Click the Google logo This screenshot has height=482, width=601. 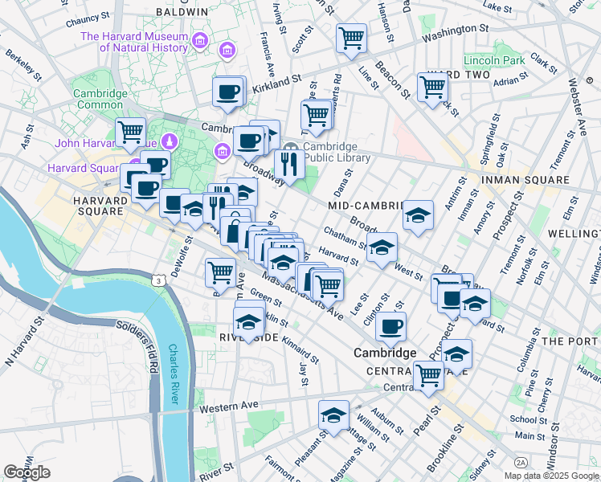coord(27,472)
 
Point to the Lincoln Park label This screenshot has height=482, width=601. coord(493,60)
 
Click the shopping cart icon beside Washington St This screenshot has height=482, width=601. coord(351,37)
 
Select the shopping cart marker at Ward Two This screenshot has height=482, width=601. coord(432,86)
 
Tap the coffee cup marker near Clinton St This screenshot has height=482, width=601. coord(390,326)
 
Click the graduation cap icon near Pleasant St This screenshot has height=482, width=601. coord(333,415)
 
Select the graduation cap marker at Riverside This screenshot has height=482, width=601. coord(249,321)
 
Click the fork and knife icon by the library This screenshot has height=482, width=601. coord(287,164)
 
